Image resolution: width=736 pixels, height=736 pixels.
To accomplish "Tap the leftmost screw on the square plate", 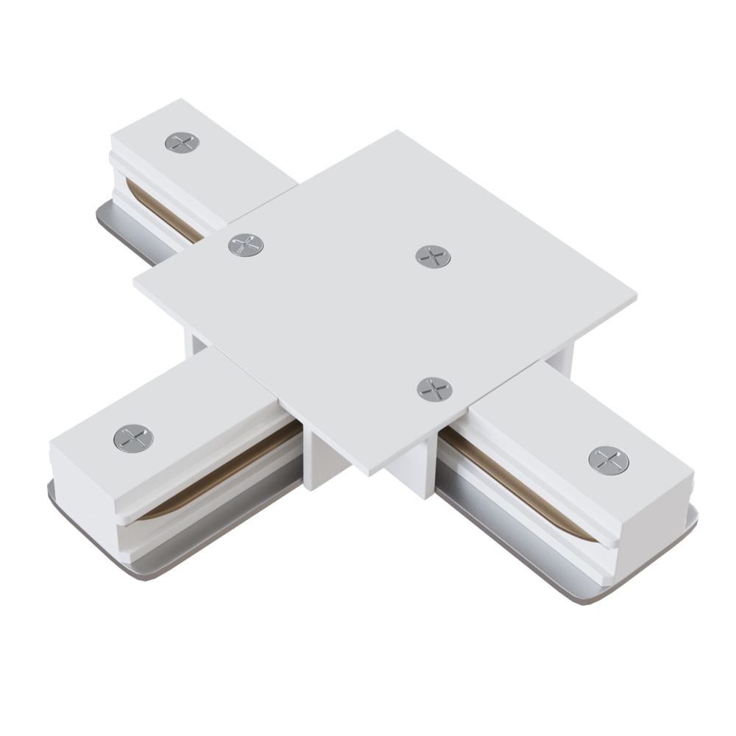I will pyautogui.click(x=246, y=245).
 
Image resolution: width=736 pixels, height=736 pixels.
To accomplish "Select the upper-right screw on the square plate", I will pyautogui.click(x=433, y=256).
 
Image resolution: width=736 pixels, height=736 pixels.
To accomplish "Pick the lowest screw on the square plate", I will pyautogui.click(x=434, y=389).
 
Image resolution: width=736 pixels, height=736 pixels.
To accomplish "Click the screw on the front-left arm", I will pyautogui.click(x=133, y=439).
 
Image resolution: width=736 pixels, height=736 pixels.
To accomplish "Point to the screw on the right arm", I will pyautogui.click(x=609, y=460).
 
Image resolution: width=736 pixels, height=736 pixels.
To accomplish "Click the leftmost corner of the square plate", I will pyautogui.click(x=135, y=281).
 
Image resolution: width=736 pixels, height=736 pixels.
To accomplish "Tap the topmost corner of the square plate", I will pyautogui.click(x=398, y=132).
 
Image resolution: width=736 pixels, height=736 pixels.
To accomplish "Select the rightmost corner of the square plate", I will pyautogui.click(x=635, y=298).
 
